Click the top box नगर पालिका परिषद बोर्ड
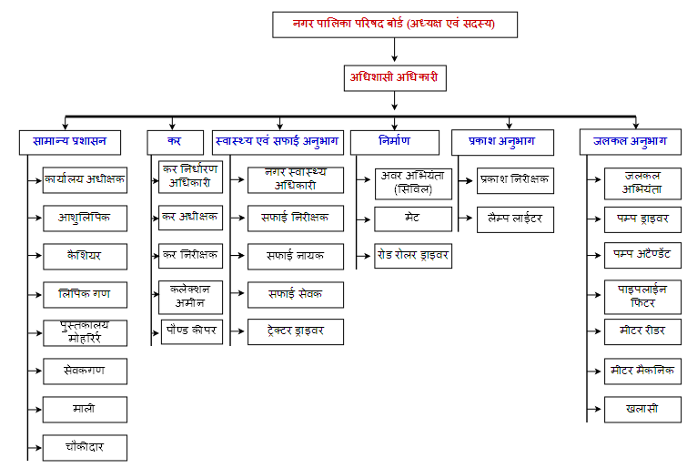pos(395,25)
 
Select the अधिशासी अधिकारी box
pos(395,78)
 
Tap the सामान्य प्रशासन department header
pos(70,142)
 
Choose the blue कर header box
pos(176,142)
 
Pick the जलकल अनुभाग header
pos(630,142)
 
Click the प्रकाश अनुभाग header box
pos(502,142)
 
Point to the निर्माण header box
pos(395,142)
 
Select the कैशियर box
pos(85,257)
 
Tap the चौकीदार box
pos(85,448)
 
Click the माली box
pos(85,410)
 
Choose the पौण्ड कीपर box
pos(192,331)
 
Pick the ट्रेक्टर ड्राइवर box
pos(296,331)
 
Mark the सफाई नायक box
pos(296,256)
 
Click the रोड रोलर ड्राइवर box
pos(413,256)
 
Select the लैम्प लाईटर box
pos(515,219)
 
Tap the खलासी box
pos(642,410)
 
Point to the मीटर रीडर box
pos(642,331)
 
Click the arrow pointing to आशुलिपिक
pos(35,218)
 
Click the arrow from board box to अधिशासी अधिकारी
pos(394,49)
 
